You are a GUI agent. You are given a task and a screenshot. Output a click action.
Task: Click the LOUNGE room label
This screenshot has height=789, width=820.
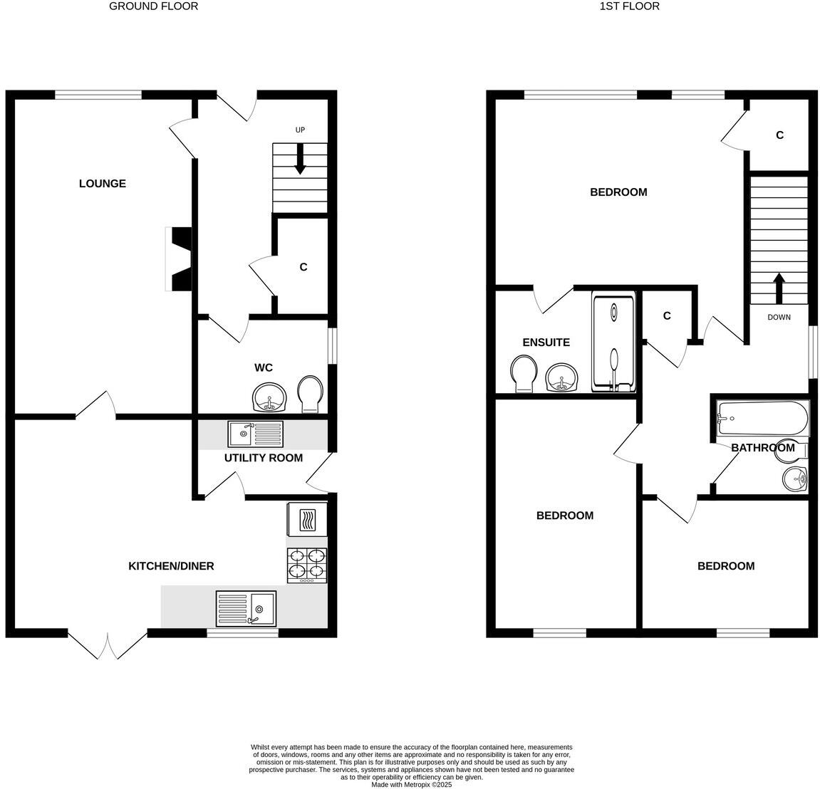[x=102, y=184]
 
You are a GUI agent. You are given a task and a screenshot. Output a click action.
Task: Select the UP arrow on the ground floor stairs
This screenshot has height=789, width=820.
[x=300, y=159]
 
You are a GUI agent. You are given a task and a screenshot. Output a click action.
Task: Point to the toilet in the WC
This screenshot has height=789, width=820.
[x=311, y=394]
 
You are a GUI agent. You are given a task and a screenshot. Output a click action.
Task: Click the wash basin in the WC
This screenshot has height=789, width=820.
[x=269, y=397]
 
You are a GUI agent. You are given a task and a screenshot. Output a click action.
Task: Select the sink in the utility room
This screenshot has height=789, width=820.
[x=255, y=433]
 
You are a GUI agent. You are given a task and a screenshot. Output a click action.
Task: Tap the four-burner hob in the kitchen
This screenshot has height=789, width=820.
[x=307, y=565]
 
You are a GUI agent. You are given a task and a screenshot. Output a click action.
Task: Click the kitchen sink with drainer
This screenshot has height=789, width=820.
[x=246, y=609]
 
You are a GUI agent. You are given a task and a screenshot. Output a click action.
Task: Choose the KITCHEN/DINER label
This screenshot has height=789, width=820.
[x=171, y=566]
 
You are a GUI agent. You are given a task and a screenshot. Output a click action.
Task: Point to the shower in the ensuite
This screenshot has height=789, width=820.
[x=613, y=343]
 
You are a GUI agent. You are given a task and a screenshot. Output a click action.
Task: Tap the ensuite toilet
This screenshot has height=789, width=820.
[x=525, y=373]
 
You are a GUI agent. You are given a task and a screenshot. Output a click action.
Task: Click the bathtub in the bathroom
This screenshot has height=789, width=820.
[x=762, y=419]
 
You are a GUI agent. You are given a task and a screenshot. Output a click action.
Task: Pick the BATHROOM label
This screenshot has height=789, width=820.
[x=762, y=447]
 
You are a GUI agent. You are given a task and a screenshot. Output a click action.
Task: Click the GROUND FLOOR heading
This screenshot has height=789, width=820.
[x=153, y=6]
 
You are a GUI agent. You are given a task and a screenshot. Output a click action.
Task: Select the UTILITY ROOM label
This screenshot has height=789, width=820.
[x=263, y=458]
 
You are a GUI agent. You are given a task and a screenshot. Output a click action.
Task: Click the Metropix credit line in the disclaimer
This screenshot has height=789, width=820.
[x=411, y=785]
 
